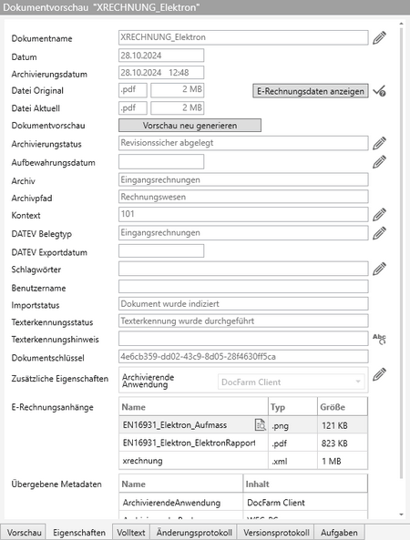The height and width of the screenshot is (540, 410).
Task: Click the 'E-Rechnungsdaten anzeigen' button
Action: [310, 91]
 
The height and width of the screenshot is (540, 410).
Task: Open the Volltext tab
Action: [133, 532]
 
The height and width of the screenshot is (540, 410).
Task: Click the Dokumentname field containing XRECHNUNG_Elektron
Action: [242, 38]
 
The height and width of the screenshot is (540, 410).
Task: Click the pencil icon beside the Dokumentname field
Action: [380, 38]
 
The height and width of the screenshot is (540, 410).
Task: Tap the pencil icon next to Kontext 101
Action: [380, 213]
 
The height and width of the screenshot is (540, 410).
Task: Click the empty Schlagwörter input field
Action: [242, 268]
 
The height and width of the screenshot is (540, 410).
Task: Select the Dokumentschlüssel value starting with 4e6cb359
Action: [242, 355]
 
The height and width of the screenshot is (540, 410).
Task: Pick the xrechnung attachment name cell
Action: [191, 462]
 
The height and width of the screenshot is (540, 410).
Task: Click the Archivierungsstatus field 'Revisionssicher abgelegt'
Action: [242, 143]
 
